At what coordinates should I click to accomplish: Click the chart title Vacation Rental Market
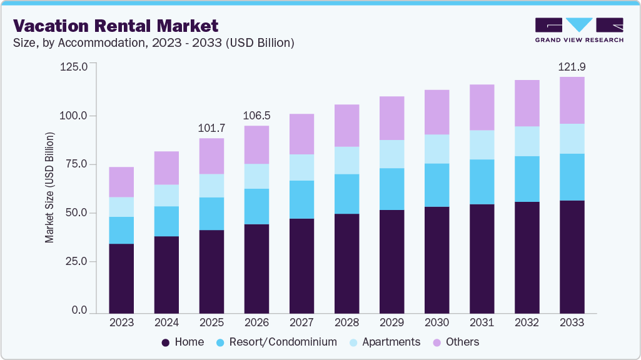116,26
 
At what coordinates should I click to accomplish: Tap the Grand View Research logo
579,30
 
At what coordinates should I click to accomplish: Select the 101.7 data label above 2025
211,128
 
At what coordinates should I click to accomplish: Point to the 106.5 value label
256,116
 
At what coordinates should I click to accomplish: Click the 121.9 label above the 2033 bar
572,67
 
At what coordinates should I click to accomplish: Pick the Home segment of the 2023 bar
121,278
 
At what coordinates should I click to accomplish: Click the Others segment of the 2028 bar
346,126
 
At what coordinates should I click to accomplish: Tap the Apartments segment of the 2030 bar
437,149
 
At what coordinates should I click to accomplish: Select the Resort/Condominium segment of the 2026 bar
256,206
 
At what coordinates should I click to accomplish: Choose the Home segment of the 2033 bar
572,256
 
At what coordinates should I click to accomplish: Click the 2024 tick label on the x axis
166,322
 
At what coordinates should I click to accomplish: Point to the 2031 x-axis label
482,322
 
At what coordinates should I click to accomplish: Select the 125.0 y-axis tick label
76,66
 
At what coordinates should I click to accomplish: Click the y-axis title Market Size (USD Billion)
49,187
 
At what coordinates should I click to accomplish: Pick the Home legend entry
183,342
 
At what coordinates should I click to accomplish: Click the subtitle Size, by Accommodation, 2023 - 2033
153,43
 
